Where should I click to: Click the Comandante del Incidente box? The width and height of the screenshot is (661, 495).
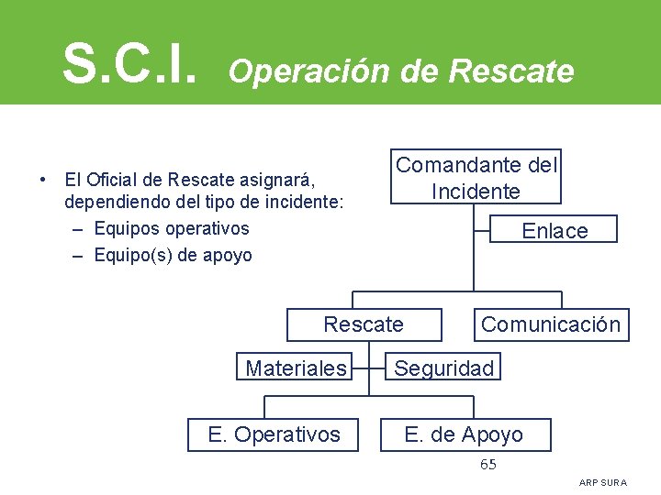[476, 177]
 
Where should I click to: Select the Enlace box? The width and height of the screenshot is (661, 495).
[555, 230]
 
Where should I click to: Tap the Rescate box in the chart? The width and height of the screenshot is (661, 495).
[364, 324]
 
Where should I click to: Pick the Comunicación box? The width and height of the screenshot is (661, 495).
[550, 324]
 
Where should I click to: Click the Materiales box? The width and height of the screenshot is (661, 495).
[296, 368]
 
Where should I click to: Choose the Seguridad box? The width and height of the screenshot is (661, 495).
[443, 368]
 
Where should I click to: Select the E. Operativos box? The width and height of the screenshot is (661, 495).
[274, 434]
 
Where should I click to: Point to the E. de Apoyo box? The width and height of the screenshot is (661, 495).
[465, 434]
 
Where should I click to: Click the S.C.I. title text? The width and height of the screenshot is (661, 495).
[129, 62]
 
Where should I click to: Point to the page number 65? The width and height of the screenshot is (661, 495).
[488, 465]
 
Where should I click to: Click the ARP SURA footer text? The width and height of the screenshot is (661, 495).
[603, 482]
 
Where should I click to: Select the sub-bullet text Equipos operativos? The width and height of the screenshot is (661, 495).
[172, 228]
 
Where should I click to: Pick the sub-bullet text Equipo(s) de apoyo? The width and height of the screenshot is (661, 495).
[173, 256]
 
